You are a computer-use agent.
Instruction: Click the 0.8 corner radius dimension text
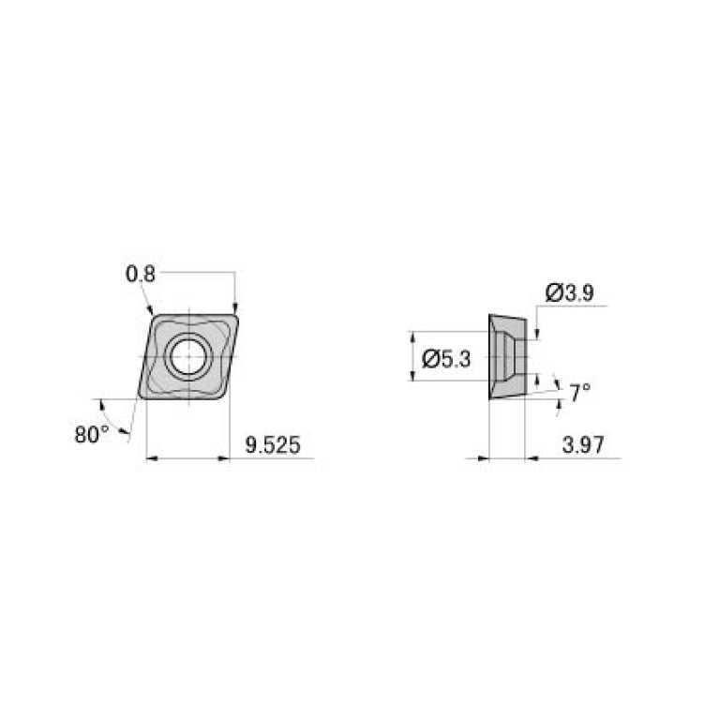click(x=141, y=273)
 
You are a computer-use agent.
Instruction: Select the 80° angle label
click(x=92, y=434)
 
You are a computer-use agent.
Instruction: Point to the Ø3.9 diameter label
click(x=569, y=293)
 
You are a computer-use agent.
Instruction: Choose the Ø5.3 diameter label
click(x=447, y=358)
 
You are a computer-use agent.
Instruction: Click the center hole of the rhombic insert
click(x=187, y=356)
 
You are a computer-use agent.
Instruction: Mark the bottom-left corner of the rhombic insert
click(x=142, y=395)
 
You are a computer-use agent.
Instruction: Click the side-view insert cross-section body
click(x=504, y=357)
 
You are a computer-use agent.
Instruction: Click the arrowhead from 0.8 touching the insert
click(x=149, y=310)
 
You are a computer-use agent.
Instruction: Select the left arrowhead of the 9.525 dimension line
click(x=153, y=458)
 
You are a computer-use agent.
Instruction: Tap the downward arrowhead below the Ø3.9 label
click(x=537, y=333)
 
